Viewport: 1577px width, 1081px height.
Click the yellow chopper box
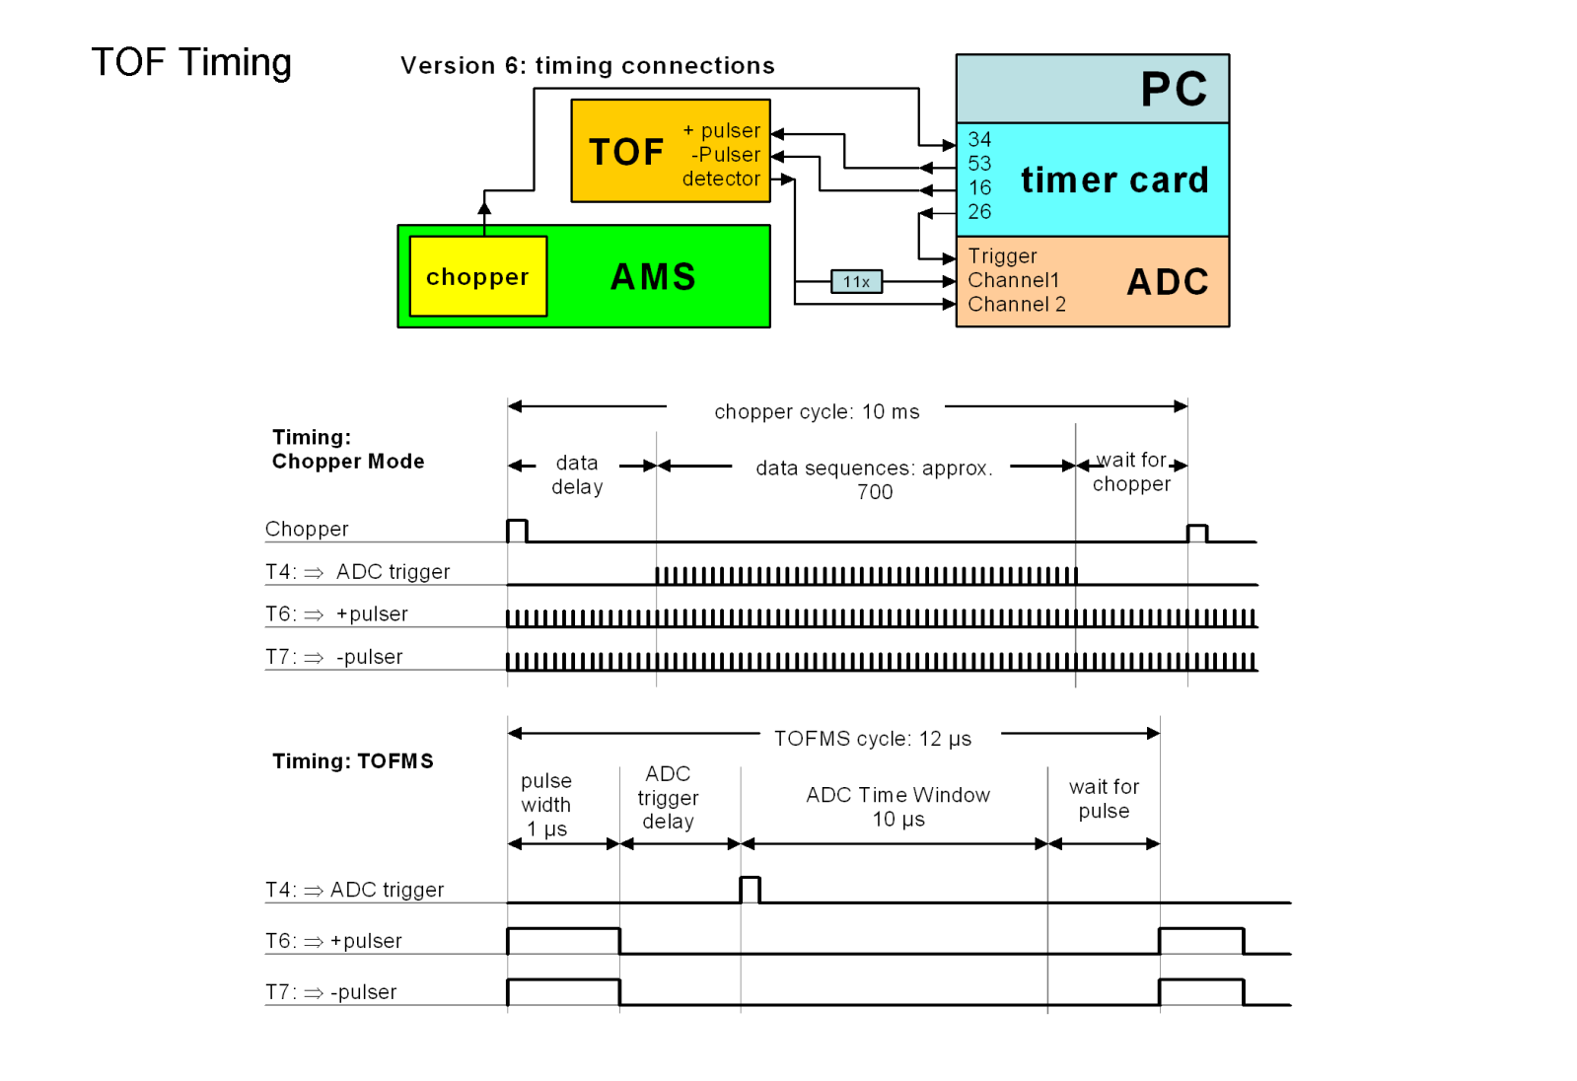pos(477,277)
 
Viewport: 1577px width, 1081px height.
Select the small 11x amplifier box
pos(856,282)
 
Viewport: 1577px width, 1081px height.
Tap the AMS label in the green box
pos(653,277)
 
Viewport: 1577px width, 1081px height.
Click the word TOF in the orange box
pos(626,153)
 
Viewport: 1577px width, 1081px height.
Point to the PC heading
pos(1174,90)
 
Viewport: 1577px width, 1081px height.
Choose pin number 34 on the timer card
pos(979,140)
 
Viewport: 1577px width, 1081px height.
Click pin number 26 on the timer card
pos(979,212)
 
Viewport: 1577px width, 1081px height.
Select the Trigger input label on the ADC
pos(1002,256)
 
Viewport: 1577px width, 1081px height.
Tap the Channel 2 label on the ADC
pos(1016,305)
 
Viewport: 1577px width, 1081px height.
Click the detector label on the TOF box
pos(721,179)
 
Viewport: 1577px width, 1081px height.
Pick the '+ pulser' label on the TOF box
pos(722,131)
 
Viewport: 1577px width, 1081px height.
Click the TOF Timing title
pos(191,62)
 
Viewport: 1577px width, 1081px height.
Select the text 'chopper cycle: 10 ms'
pos(817,412)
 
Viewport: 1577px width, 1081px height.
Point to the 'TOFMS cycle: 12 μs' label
pos(872,739)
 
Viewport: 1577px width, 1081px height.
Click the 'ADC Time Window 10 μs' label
pos(897,807)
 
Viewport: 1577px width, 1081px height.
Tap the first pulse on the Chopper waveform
pos(517,530)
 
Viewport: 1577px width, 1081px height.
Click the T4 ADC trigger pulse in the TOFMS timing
pos(750,889)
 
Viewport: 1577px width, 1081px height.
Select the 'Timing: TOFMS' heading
pos(352,761)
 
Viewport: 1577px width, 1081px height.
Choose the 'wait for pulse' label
pos(1104,799)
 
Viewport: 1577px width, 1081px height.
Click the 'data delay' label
pos(577,474)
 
